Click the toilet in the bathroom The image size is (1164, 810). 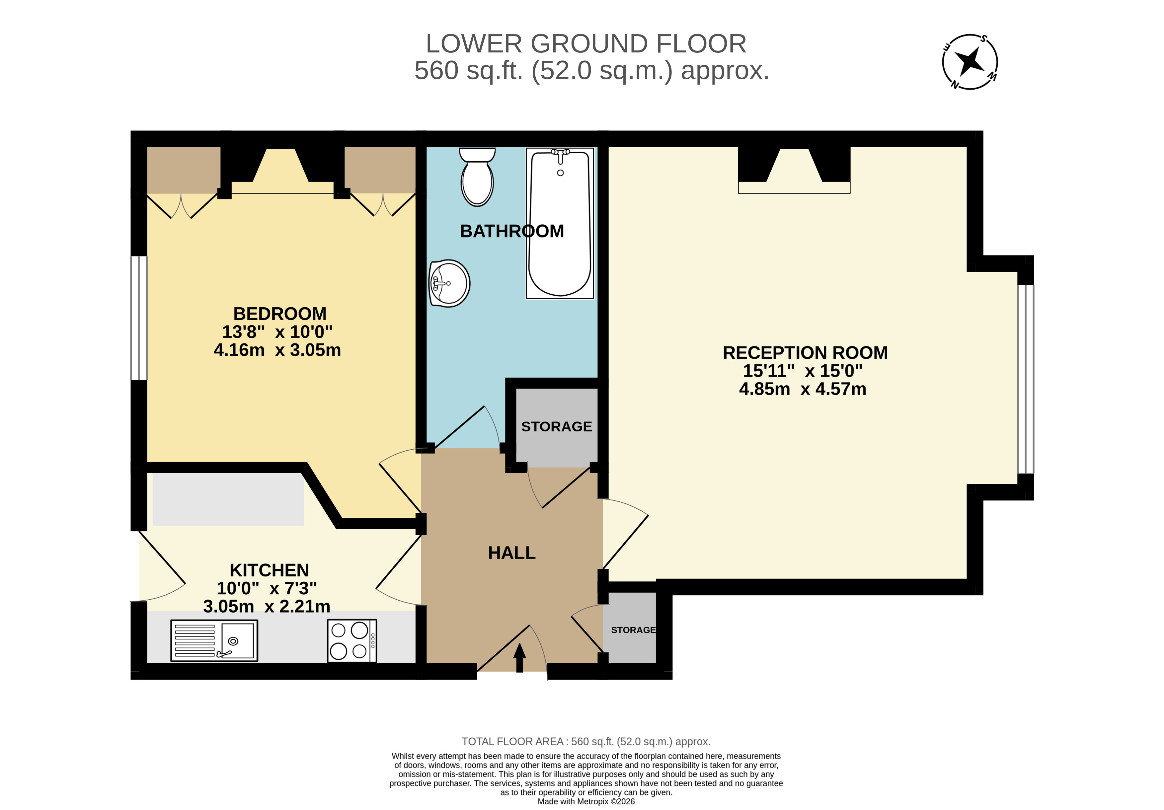pos(477,178)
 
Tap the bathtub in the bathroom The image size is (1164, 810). pos(560,223)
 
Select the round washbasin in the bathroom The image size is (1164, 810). pos(449,283)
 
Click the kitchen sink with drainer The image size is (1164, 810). pos(214,641)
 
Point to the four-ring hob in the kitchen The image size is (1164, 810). pos(352,641)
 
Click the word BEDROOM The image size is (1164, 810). pos(279,314)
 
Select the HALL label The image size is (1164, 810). pos(511,552)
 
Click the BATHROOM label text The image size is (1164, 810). pos(511,231)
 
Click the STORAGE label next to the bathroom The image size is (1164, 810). pos(556,427)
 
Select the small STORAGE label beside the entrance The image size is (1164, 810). pos(633,630)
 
